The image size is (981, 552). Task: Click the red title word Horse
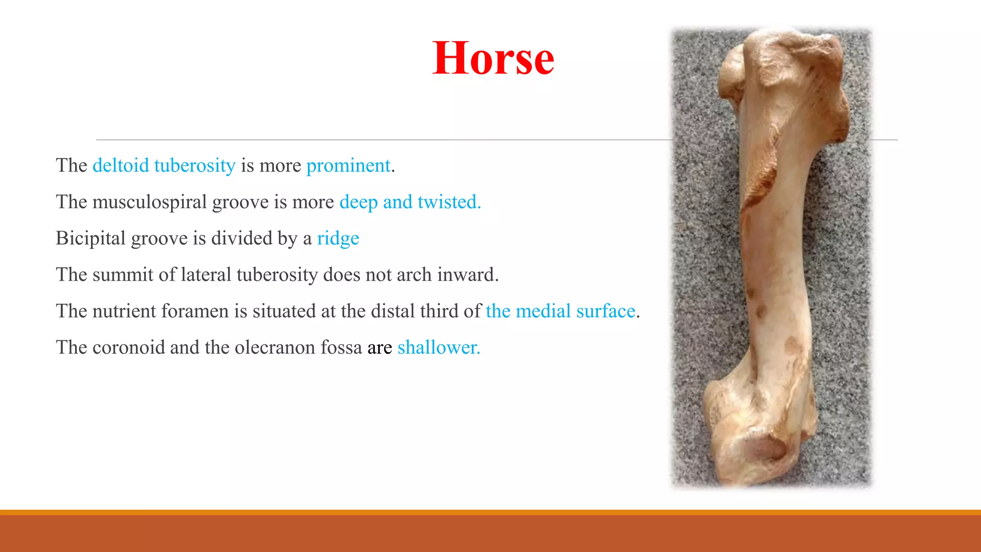pos(493,58)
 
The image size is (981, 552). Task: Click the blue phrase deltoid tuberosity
pos(164,166)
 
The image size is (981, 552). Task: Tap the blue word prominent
pos(348,166)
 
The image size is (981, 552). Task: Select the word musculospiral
pos(149,202)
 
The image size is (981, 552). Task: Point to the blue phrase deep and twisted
pos(410,202)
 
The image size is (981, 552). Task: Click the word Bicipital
pos(91,239)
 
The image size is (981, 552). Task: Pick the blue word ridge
pos(338,239)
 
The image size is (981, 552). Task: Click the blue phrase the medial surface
pos(560,311)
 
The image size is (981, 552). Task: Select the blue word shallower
pos(438,348)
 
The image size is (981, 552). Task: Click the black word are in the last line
pos(380,348)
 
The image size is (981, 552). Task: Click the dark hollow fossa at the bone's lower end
pos(767,448)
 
